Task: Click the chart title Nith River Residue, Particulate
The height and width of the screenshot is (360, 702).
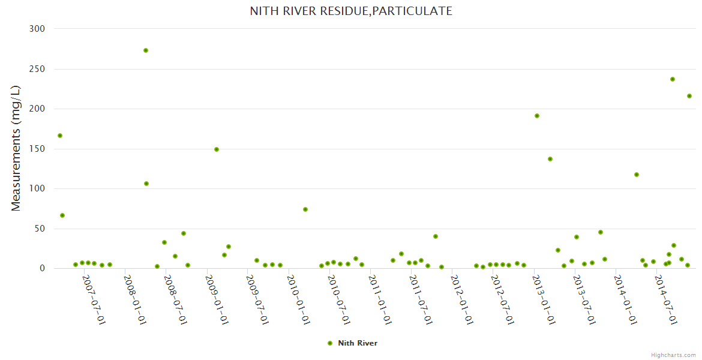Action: click(351, 11)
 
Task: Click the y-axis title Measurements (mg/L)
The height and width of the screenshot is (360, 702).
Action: click(16, 148)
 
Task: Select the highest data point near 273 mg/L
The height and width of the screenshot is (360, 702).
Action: click(146, 50)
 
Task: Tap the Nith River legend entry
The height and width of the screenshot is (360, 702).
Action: click(353, 343)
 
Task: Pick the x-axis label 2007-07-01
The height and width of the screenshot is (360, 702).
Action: click(94, 299)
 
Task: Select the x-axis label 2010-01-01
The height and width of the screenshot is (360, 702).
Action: click(298, 299)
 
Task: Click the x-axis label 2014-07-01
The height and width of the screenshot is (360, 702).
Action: click(666, 299)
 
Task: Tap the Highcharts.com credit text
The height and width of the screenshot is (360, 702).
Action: click(673, 355)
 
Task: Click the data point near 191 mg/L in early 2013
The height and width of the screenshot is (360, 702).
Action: click(537, 116)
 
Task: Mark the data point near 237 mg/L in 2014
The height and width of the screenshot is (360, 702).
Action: click(673, 79)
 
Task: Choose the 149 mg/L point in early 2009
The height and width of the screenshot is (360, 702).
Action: click(217, 149)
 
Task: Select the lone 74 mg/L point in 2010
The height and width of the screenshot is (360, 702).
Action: click(305, 209)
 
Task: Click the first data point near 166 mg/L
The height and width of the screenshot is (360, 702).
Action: click(60, 136)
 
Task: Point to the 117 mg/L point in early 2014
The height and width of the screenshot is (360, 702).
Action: click(637, 175)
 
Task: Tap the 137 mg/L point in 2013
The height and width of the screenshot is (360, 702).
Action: click(550, 159)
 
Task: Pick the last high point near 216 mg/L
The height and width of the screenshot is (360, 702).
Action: click(689, 96)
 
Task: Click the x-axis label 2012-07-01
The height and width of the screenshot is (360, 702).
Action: click(503, 299)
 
